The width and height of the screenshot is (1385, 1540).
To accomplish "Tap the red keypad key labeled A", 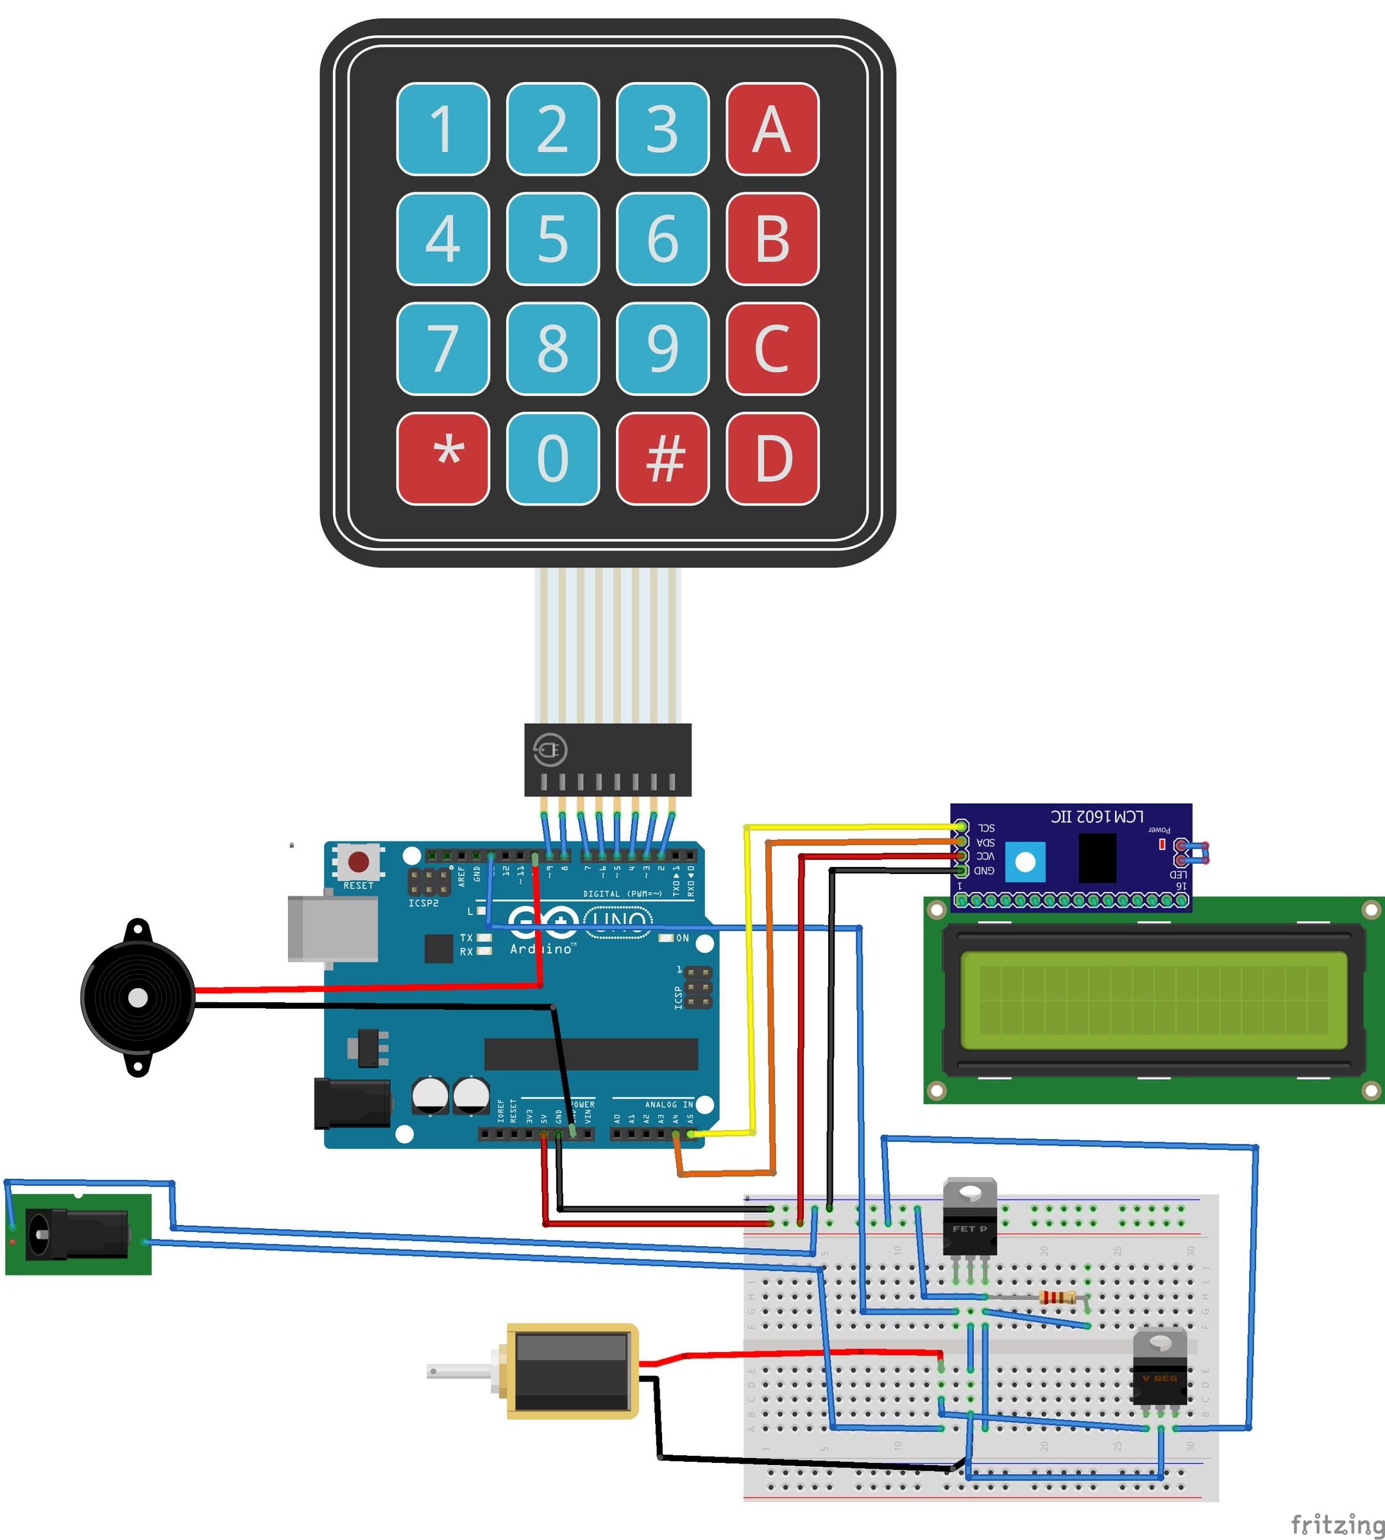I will coord(772,130).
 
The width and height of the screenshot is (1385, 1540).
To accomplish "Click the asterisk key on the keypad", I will coord(443,458).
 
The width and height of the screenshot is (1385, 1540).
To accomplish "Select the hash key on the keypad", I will coord(662,458).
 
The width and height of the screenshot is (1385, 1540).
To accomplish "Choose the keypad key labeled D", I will coord(772,458).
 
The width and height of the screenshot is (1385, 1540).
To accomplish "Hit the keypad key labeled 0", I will coord(552,458).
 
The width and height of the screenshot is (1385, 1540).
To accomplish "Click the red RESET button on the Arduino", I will coord(359,862).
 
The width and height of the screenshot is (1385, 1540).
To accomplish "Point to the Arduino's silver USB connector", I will coord(332,928).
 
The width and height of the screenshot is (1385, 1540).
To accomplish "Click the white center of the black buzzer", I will coord(138,998).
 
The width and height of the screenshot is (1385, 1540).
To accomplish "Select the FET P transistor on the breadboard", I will coord(969,1218).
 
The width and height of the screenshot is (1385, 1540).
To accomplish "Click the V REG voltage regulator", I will coord(1159,1370).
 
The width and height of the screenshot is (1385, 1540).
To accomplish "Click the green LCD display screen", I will coord(1153,1000).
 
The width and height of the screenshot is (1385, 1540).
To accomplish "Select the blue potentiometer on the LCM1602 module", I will coord(1025,862).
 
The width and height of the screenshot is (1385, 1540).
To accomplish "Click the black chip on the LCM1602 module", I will coord(1096,858).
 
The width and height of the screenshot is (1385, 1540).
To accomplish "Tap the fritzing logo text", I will coord(1336,1525).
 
